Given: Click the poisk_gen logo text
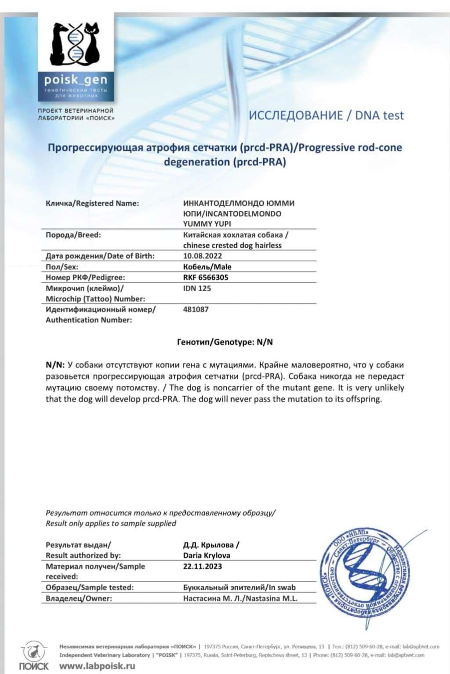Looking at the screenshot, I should pos(76,80).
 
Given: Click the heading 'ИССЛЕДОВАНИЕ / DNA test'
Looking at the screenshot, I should pos(326,116).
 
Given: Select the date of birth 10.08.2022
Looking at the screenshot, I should pos(203,256).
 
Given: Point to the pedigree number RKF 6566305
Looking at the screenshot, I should pos(206,278).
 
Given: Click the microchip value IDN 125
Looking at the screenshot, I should pos(197,289).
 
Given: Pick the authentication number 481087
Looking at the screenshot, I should pos(196,310).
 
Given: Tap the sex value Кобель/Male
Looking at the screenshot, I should pos(207,267).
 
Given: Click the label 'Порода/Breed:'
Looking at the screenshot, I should pos(73,235).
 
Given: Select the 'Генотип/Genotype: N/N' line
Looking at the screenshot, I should pos(225,342).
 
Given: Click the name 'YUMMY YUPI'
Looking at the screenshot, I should pos(207,224).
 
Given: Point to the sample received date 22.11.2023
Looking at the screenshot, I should pos(203,566).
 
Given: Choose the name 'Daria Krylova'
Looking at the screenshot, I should pos(207,555).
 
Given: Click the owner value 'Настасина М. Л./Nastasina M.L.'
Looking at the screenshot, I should pos(240,598).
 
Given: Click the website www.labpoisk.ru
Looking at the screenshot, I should pos(97,666).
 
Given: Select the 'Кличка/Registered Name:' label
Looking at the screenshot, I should pos(92,203).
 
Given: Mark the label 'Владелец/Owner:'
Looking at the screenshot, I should pos(79,598).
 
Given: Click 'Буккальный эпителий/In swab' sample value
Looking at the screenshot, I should pos(240,587).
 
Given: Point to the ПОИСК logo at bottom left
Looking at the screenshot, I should pos(33,657).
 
